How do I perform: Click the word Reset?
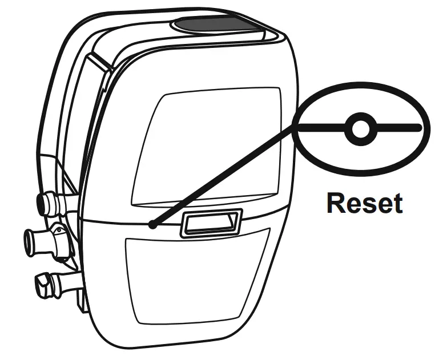(364, 203)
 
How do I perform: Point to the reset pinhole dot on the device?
(153, 225)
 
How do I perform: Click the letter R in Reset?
(335, 203)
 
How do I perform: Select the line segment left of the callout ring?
(320, 128)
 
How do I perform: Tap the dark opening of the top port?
(41, 202)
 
